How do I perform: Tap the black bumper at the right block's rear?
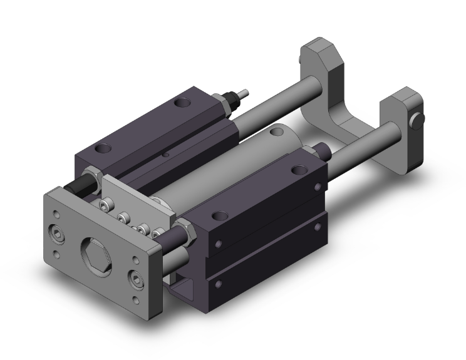click(x=324, y=150)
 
